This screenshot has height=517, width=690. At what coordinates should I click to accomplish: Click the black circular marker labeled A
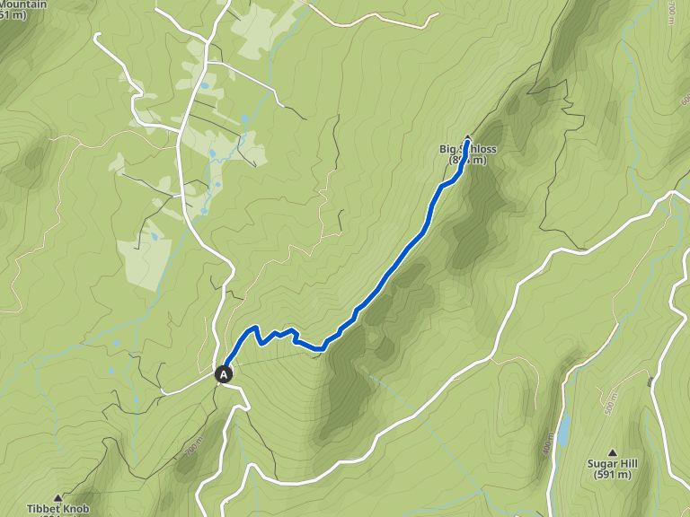click(224, 373)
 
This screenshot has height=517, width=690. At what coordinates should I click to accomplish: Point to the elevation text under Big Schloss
click(467, 161)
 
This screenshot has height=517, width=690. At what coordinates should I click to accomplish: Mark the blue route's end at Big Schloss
click(467, 142)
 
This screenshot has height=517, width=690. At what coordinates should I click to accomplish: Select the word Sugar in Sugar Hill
click(599, 463)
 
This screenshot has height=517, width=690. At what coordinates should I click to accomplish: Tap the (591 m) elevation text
click(613, 475)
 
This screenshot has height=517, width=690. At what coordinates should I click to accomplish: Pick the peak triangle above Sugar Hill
click(613, 452)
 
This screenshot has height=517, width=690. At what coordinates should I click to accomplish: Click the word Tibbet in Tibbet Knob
click(41, 509)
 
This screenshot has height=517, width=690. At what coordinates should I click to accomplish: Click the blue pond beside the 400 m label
click(563, 431)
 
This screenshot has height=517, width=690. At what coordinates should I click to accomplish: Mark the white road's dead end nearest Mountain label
click(96, 36)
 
